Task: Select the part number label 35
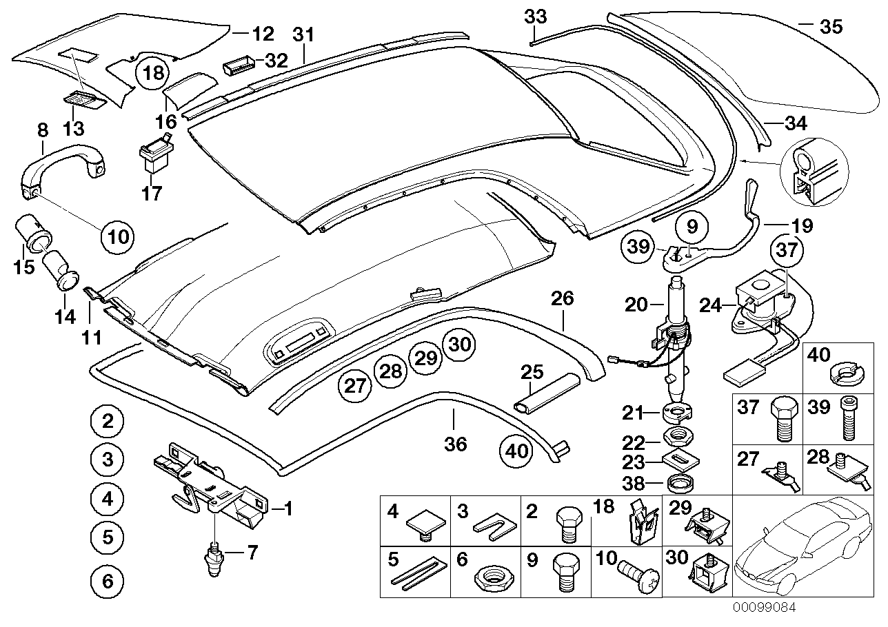pyautogui.click(x=830, y=27)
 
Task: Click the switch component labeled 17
pyautogui.click(x=155, y=157)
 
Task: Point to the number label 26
pyautogui.click(x=563, y=299)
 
